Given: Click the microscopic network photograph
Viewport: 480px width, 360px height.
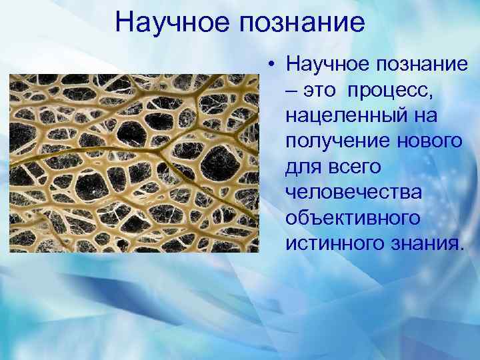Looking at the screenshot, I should tap(133, 163).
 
